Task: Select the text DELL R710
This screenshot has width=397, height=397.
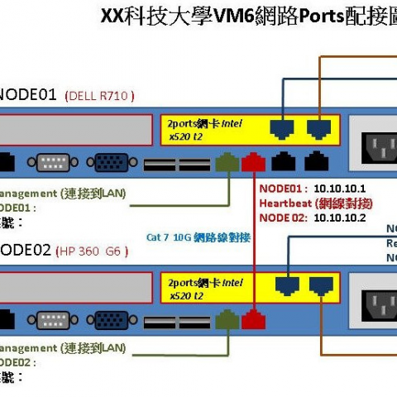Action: point(100,95)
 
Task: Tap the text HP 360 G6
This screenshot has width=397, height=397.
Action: point(92,250)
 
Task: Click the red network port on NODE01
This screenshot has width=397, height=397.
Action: point(253,161)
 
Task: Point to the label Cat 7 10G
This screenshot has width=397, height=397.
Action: point(169,237)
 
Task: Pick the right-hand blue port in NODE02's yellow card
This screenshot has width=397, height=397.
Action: point(319,285)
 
